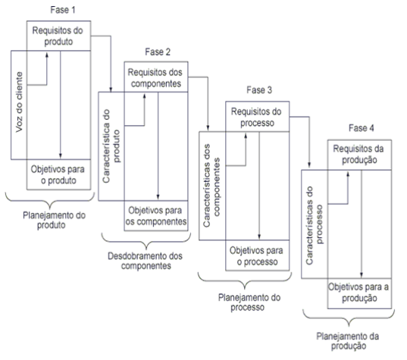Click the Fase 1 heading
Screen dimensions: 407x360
pyautogui.click(x=63, y=10)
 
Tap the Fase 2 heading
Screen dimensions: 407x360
pyautogui.click(x=158, y=52)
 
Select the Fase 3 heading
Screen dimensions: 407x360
pyautogui.click(x=259, y=90)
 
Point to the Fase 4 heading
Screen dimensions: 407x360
pyautogui.click(x=362, y=128)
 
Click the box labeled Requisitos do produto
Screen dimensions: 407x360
pyautogui.click(x=58, y=36)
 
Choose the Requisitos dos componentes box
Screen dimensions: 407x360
pyautogui.click(x=156, y=77)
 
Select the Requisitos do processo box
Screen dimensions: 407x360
pyautogui.click(x=257, y=117)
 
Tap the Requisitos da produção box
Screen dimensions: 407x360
pyautogui.click(x=359, y=155)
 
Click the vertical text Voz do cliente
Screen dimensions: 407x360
pyautogui.click(x=19, y=102)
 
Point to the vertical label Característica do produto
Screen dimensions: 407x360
pyautogui.click(x=111, y=146)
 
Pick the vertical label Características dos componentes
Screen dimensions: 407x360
pyautogui.click(x=211, y=186)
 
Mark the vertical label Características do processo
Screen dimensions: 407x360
pyautogui.click(x=315, y=225)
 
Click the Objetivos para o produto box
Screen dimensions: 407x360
pyautogui.click(x=58, y=174)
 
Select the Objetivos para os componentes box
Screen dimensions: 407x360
pyautogui.click(x=156, y=216)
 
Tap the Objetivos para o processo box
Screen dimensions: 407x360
pyautogui.click(x=257, y=255)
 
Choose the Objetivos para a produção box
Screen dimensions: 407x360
pyautogui.click(x=359, y=293)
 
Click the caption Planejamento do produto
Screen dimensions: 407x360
pyautogui.click(x=54, y=220)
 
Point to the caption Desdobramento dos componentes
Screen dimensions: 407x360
pyautogui.click(x=145, y=261)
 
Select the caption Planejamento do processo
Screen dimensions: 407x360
pyautogui.click(x=249, y=302)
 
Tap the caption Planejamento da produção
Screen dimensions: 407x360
pyautogui.click(x=348, y=341)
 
